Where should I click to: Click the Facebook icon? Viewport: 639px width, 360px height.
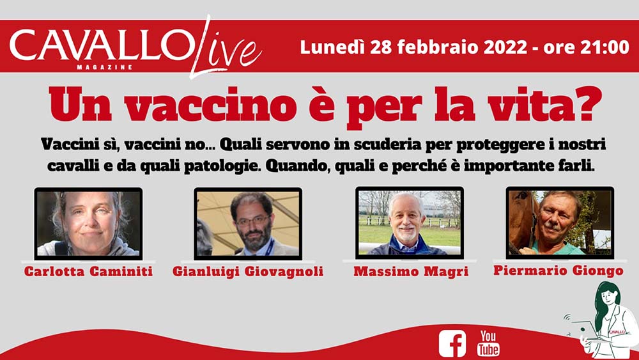[452, 343]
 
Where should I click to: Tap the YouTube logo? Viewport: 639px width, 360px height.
[488, 343]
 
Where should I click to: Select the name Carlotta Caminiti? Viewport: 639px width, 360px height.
[88, 271]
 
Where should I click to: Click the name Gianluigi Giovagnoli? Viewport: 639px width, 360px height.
[248, 271]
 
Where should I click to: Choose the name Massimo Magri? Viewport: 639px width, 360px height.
[411, 271]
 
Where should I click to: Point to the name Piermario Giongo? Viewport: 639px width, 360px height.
[558, 270]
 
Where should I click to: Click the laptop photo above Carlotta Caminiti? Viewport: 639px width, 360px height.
[88, 223]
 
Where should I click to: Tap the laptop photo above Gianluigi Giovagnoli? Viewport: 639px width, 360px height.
[248, 223]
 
